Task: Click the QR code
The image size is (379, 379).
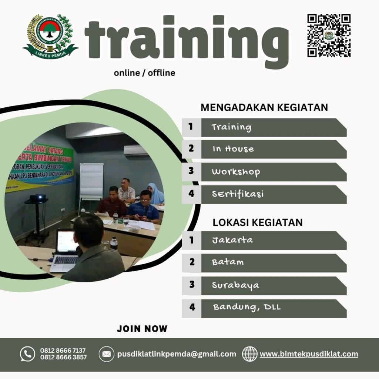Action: tap(329, 36)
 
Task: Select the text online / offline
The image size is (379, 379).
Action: tap(144, 73)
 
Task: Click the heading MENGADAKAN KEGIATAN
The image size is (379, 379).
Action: tap(264, 107)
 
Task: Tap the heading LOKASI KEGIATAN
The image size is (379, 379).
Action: tap(258, 222)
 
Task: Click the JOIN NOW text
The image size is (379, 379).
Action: tap(142, 329)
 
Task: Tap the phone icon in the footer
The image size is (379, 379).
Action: tap(27, 354)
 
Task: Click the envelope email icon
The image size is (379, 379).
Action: tap(106, 354)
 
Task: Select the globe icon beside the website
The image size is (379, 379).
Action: tap(250, 354)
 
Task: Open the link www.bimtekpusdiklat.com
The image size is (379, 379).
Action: tap(309, 354)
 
